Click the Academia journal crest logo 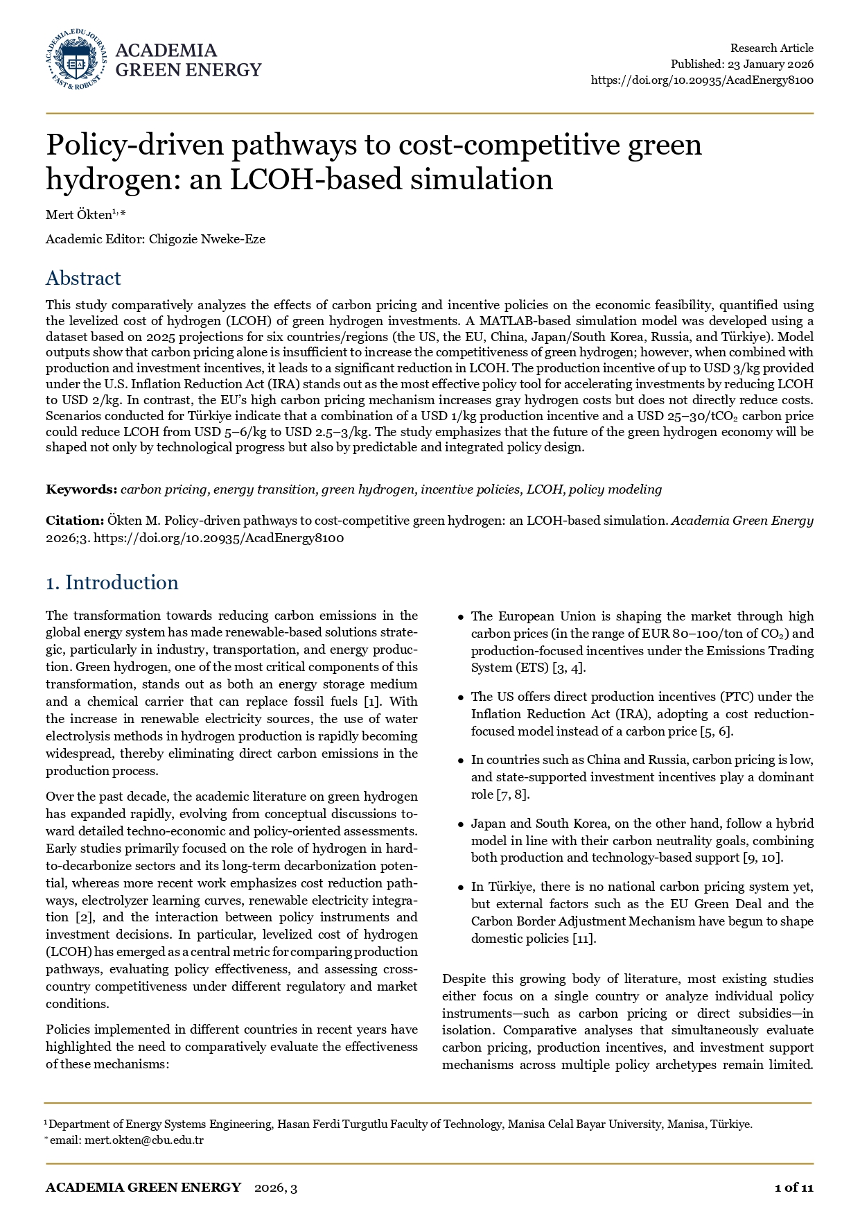[77, 60]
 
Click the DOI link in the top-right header [702, 80]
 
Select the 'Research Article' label [771, 49]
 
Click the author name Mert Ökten [78, 215]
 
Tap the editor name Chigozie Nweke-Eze [207, 240]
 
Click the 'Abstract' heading [83, 279]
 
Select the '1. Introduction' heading [112, 583]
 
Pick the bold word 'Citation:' [75, 521]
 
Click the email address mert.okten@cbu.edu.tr [143, 1140]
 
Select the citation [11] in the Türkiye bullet [585, 939]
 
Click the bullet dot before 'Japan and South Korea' [461, 825]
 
